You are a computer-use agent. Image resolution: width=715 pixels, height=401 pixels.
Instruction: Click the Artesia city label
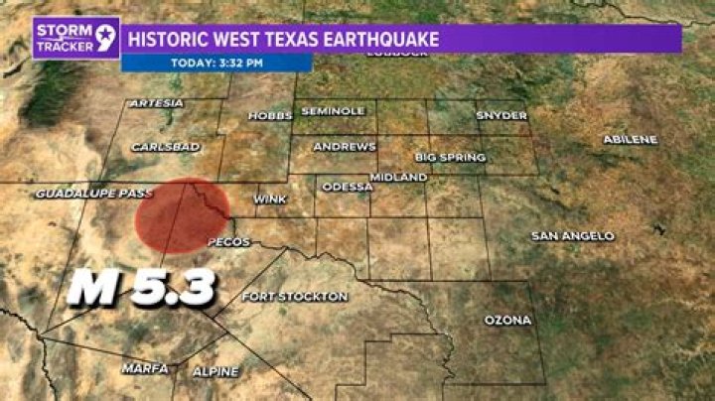coord(157,103)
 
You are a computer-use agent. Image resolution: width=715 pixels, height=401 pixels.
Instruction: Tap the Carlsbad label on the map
coord(166,147)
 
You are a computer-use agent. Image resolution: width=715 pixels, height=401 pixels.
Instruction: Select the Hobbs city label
coord(269,115)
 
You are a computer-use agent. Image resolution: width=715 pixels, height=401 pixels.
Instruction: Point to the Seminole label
coord(333,110)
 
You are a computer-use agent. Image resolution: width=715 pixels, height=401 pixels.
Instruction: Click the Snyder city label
coord(501,115)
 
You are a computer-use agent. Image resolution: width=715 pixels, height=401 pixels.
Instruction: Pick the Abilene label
coord(630,139)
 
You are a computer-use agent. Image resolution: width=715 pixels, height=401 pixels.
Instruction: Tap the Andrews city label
coord(345,146)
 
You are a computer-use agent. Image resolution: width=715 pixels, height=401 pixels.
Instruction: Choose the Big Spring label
coord(450,157)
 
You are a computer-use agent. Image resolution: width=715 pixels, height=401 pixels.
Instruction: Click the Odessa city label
coord(347,186)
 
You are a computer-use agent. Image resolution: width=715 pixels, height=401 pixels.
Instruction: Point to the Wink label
coord(270,199)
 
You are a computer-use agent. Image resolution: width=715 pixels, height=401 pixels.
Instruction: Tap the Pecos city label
coord(227,242)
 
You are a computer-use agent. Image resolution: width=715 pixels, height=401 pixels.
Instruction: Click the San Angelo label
coord(573,236)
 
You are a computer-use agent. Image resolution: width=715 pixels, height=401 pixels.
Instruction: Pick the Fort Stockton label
coord(295,296)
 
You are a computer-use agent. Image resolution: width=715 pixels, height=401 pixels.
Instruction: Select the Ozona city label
coord(507,320)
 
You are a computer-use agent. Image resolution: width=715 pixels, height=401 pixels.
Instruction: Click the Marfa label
coord(145,367)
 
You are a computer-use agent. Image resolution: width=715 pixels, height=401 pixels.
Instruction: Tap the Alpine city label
coord(214,371)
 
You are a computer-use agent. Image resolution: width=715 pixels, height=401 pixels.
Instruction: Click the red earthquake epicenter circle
coord(182,212)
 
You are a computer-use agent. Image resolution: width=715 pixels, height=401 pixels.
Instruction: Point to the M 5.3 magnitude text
coord(143,289)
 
